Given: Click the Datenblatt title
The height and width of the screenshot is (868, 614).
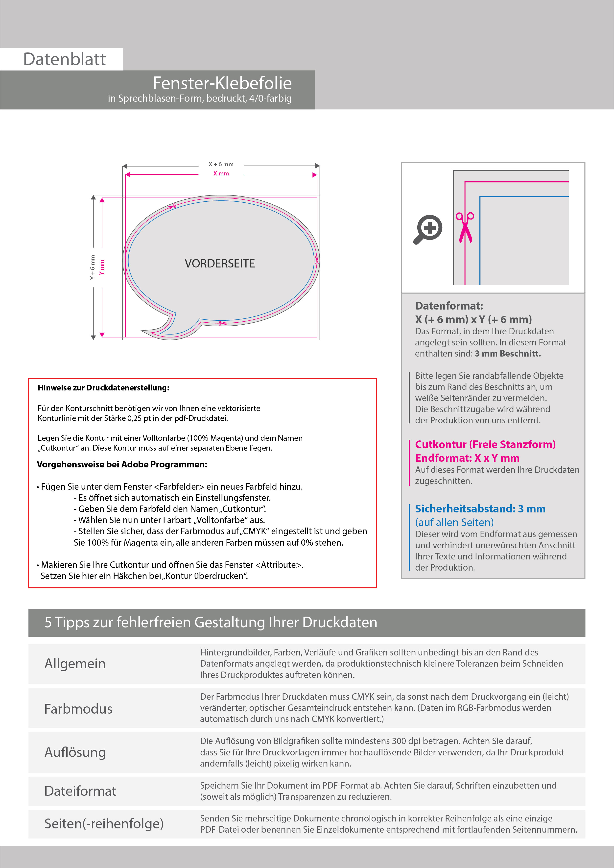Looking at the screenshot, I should [x=64, y=59].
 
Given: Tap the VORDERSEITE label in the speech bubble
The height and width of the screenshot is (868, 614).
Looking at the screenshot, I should [x=220, y=264].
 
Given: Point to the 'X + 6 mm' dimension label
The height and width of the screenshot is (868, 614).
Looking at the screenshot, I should [x=221, y=165].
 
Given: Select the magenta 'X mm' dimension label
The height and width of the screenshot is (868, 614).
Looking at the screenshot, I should [x=221, y=173].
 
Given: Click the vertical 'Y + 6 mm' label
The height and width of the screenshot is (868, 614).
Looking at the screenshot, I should [x=93, y=268].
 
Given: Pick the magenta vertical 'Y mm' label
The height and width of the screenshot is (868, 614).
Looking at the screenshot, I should [x=102, y=268].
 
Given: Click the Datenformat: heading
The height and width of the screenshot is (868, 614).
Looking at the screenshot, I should [x=449, y=306].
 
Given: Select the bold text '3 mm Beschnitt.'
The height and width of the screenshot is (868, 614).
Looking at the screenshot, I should [x=508, y=354].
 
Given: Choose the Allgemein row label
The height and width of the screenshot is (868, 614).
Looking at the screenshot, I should [x=75, y=664].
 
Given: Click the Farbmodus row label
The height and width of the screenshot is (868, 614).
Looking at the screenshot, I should [x=78, y=709].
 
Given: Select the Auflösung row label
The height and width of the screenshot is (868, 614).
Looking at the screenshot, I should [x=75, y=752].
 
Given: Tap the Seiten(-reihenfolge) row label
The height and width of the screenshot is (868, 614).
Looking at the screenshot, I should [x=104, y=823].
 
